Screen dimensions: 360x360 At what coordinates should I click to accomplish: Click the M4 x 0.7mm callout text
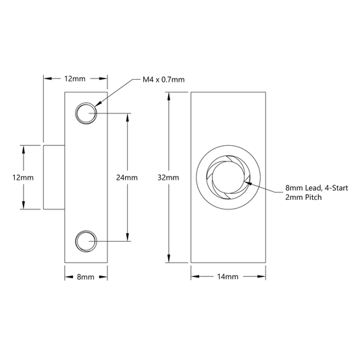click(x=163, y=80)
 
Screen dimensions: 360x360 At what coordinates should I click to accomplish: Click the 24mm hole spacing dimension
click(x=127, y=178)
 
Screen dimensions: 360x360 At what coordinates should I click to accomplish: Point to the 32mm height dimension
click(x=168, y=178)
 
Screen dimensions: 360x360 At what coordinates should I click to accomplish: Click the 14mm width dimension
click(x=228, y=277)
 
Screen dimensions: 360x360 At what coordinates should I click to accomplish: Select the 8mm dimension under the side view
click(x=85, y=277)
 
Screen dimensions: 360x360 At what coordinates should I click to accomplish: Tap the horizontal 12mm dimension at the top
click(x=75, y=79)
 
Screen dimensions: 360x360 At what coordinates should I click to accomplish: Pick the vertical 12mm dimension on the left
click(x=23, y=178)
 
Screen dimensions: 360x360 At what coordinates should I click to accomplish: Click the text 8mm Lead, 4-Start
click(x=317, y=188)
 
